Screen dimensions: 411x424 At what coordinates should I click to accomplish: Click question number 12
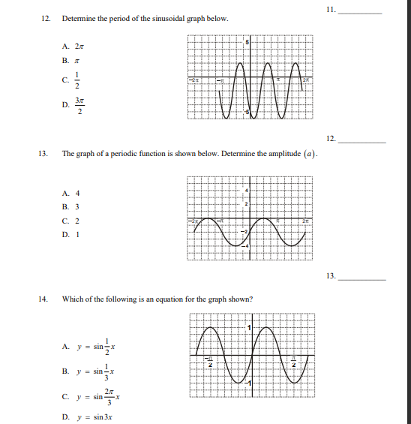coord(43,18)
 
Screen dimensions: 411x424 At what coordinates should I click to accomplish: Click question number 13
coord(43,153)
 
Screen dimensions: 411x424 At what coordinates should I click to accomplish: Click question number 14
coord(43,299)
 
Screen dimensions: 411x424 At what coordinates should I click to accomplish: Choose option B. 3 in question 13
coord(71,206)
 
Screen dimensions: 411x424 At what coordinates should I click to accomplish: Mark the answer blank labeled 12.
coord(364,139)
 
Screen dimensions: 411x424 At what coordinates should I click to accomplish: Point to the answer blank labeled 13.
coord(364,276)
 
